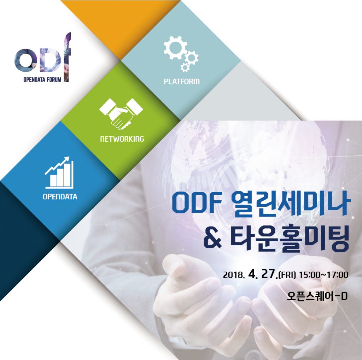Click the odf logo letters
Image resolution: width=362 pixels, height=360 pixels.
(x=43, y=58)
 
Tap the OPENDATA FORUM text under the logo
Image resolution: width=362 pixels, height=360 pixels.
(x=42, y=79)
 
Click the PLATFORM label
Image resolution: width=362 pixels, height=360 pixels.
(x=182, y=82)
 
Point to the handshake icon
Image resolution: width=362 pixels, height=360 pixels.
(x=121, y=113)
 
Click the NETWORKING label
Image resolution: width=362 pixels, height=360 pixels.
(x=122, y=139)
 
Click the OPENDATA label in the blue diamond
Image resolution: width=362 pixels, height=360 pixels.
(x=60, y=197)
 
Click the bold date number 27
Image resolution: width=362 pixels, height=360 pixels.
(x=268, y=275)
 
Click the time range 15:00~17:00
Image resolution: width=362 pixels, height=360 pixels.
(x=323, y=275)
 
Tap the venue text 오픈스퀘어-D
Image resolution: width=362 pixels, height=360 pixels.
(x=317, y=296)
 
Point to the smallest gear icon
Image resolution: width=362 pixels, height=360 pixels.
(x=185, y=67)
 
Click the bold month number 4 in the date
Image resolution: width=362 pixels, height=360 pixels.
(x=253, y=275)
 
